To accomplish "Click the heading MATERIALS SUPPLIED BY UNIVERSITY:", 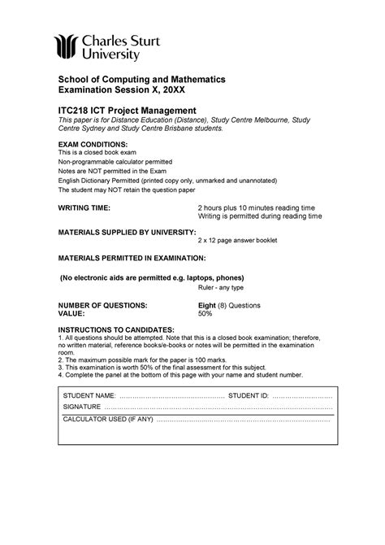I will (126, 232).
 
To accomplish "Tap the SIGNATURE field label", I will (81, 406).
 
